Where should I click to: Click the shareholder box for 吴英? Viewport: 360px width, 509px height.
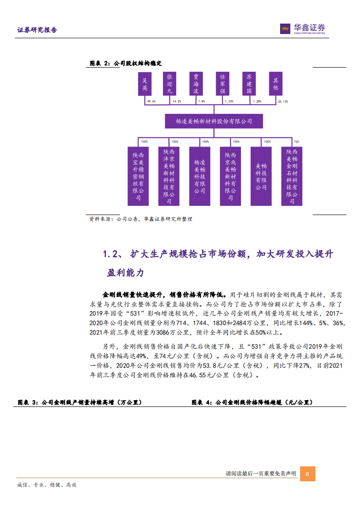pyautogui.click(x=145, y=84)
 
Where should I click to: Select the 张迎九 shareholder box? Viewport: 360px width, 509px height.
pyautogui.click(x=170, y=84)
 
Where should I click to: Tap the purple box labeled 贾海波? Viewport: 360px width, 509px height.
pyautogui.click(x=196, y=84)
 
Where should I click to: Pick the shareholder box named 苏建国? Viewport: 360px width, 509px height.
pyautogui.click(x=249, y=84)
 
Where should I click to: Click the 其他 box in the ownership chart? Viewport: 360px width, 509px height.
pyautogui.click(x=275, y=84)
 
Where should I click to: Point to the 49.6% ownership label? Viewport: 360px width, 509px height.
pyautogui.click(x=151, y=102)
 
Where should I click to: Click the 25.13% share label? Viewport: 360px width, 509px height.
pyautogui.click(x=282, y=102)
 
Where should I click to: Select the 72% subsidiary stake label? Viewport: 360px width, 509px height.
pyautogui.click(x=296, y=142)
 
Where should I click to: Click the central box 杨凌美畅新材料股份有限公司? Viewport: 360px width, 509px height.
pyautogui.click(x=213, y=121)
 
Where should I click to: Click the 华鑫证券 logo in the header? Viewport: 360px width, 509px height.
pyautogui.click(x=302, y=29)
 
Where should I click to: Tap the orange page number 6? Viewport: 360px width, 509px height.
pyautogui.click(x=307, y=474)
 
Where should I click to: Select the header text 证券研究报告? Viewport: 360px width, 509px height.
pyautogui.click(x=37, y=30)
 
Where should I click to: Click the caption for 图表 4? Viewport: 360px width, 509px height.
pyautogui.click(x=252, y=402)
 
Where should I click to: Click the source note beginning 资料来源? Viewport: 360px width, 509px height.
pyautogui.click(x=141, y=219)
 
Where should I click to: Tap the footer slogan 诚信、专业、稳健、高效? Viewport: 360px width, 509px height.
pyautogui.click(x=47, y=485)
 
